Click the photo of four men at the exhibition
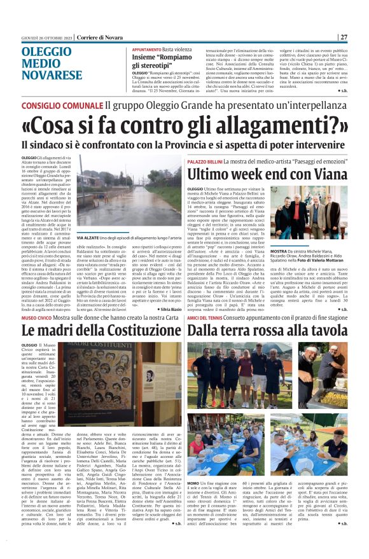(309, 211)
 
